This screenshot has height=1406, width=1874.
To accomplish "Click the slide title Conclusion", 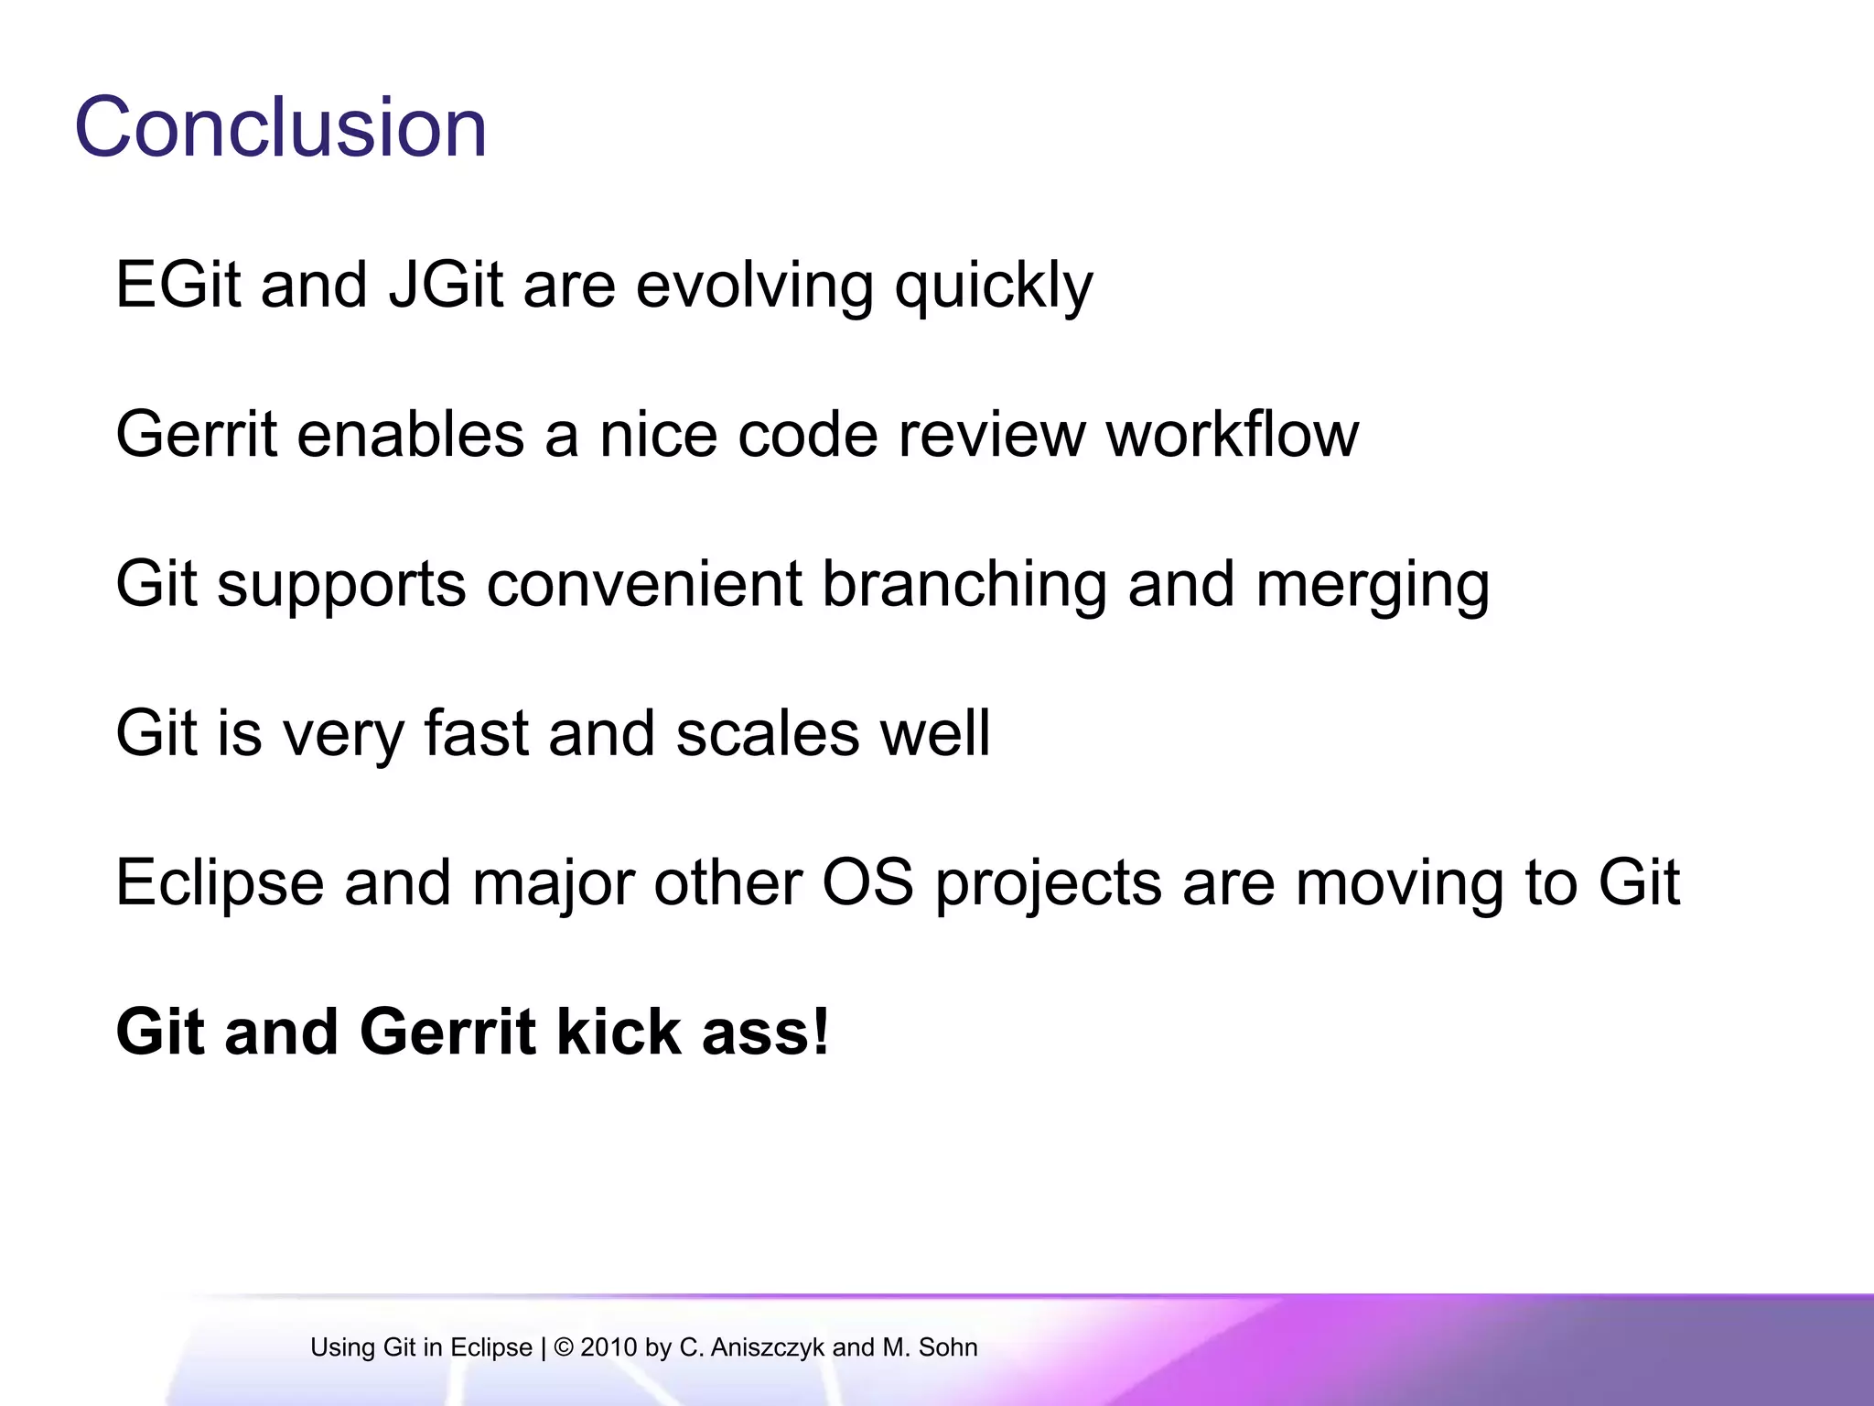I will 280,127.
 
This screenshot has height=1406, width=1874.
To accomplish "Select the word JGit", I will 446,285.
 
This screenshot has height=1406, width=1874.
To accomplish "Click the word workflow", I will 1233,434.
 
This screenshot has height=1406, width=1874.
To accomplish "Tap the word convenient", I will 644,584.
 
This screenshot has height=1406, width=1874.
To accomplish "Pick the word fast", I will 477,733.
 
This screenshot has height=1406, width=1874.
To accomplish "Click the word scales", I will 768,733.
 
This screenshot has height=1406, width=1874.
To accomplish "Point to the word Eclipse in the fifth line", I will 220,884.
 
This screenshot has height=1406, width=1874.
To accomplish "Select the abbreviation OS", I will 867,882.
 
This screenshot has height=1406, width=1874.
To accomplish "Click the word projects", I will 1048,884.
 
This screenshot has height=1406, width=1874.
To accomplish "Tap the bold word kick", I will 619,1032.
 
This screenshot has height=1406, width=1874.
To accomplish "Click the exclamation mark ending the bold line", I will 821,1032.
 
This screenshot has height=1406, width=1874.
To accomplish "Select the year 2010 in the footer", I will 609,1347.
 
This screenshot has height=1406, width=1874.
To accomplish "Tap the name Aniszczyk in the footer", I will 767,1347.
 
